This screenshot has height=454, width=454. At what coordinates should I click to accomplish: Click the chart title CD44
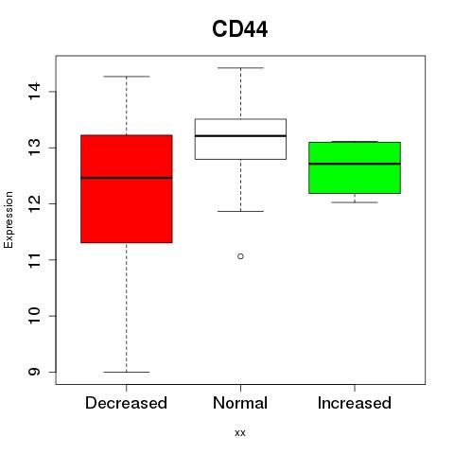click(240, 29)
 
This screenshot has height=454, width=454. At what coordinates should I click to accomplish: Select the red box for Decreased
click(127, 188)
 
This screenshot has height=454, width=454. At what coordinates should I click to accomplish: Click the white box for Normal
click(240, 139)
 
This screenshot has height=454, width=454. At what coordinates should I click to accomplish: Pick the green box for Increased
click(355, 167)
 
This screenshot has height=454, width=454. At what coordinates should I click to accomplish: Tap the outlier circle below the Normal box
click(240, 256)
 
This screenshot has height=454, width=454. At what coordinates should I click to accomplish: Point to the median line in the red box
click(127, 178)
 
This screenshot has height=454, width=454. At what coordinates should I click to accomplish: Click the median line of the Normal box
click(240, 136)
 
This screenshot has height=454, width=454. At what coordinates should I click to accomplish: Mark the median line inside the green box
click(355, 164)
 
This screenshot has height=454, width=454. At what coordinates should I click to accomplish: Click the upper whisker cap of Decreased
click(127, 77)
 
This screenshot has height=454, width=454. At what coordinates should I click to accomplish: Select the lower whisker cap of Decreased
click(127, 372)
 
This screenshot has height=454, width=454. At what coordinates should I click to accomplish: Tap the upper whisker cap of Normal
click(240, 68)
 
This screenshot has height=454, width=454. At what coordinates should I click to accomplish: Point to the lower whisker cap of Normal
click(240, 211)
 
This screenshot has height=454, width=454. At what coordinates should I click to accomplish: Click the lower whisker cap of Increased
click(355, 202)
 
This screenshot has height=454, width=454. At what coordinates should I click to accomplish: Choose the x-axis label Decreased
click(126, 403)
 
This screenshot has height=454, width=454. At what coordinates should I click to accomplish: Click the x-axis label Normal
click(240, 403)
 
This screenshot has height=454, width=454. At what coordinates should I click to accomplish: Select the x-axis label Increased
click(355, 403)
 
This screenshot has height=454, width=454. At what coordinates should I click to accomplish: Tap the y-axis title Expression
click(9, 219)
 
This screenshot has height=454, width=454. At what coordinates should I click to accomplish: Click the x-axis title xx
click(240, 433)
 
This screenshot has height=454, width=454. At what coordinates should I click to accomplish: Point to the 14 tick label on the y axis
click(34, 92)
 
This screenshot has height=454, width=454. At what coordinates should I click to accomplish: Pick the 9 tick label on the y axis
click(34, 372)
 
